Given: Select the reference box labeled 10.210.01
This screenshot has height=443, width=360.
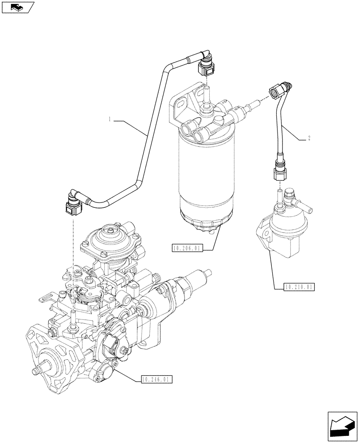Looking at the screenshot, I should pos(298,288).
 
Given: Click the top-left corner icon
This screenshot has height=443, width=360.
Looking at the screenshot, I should pos(17,7).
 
